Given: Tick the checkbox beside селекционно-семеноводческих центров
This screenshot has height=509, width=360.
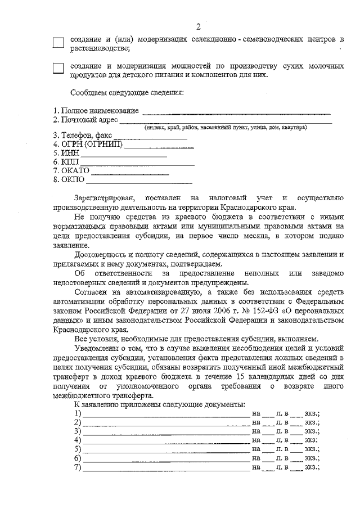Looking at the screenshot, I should pos(58,43).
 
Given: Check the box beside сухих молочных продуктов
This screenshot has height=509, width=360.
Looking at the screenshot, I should pos(58,69).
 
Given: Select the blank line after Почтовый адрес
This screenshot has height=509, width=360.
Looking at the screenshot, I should pos(225,121).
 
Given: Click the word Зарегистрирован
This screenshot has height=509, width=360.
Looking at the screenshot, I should pos(105,199).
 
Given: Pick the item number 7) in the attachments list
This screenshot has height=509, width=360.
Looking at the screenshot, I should pos(77,467).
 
